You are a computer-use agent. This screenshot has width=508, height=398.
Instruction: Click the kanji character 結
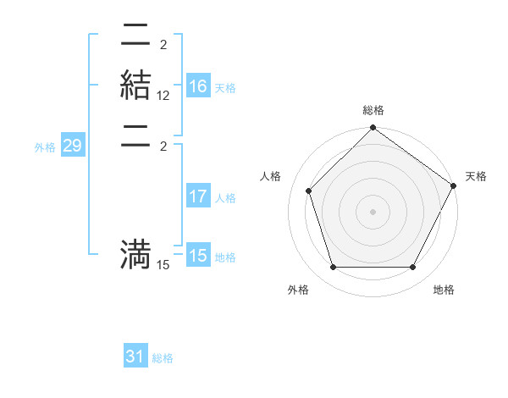point(135,87)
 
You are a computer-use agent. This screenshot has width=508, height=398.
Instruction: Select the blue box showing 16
point(198,87)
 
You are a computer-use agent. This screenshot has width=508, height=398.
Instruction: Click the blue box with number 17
point(198,197)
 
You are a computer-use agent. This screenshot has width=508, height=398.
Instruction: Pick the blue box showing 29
point(72,146)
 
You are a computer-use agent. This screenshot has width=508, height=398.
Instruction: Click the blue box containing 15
point(198,256)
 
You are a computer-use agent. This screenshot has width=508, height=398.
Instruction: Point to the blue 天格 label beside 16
point(225,88)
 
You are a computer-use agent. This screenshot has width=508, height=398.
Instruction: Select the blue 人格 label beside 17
point(225,198)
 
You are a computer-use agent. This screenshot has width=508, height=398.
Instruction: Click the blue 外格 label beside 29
point(45,147)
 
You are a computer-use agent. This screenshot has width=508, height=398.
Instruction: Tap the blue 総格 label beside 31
point(163,358)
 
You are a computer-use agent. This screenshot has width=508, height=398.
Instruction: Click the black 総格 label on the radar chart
point(373,111)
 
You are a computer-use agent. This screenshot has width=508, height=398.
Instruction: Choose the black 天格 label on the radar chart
point(476,176)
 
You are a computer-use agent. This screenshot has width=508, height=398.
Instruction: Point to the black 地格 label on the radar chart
point(444,290)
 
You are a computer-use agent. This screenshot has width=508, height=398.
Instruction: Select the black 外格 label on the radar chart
point(298,290)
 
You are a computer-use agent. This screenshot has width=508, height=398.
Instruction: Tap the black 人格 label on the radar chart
point(271,176)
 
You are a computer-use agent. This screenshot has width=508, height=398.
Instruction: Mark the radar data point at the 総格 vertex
point(373,130)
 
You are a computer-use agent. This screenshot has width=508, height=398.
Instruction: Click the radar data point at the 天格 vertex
point(453,185)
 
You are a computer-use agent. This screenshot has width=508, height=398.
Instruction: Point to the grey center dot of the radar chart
point(373,212)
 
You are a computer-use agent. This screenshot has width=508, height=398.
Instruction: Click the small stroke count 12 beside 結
point(163,97)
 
